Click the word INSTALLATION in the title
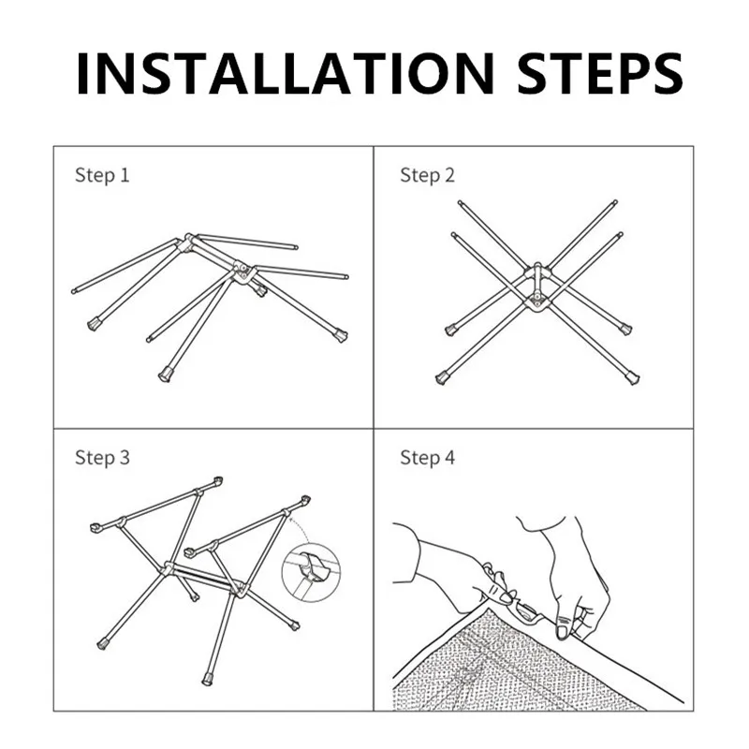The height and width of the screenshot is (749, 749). coord(286,74)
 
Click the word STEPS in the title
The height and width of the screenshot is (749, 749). coord(600,74)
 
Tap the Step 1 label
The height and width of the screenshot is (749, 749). coord(102,175)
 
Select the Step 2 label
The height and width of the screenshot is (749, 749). coord(428,175)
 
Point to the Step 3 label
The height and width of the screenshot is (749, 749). coord(102,458)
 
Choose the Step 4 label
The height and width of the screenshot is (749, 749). coord(428,458)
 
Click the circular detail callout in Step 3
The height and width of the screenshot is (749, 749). coord(311,572)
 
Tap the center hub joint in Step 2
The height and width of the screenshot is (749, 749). coord(537,286)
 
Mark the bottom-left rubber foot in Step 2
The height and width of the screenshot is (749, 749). coord(441,379)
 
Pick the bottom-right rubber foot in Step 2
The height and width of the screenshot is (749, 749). coord(633,378)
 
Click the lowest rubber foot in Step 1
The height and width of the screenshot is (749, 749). coord(165,374)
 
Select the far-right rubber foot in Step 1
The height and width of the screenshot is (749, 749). coord(341,335)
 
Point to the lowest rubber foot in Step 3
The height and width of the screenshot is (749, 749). coord(207,679)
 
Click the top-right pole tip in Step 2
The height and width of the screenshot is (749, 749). coord(615,202)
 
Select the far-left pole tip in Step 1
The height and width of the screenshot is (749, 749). coord(74,290)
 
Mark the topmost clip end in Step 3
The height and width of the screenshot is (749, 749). coord(218,480)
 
